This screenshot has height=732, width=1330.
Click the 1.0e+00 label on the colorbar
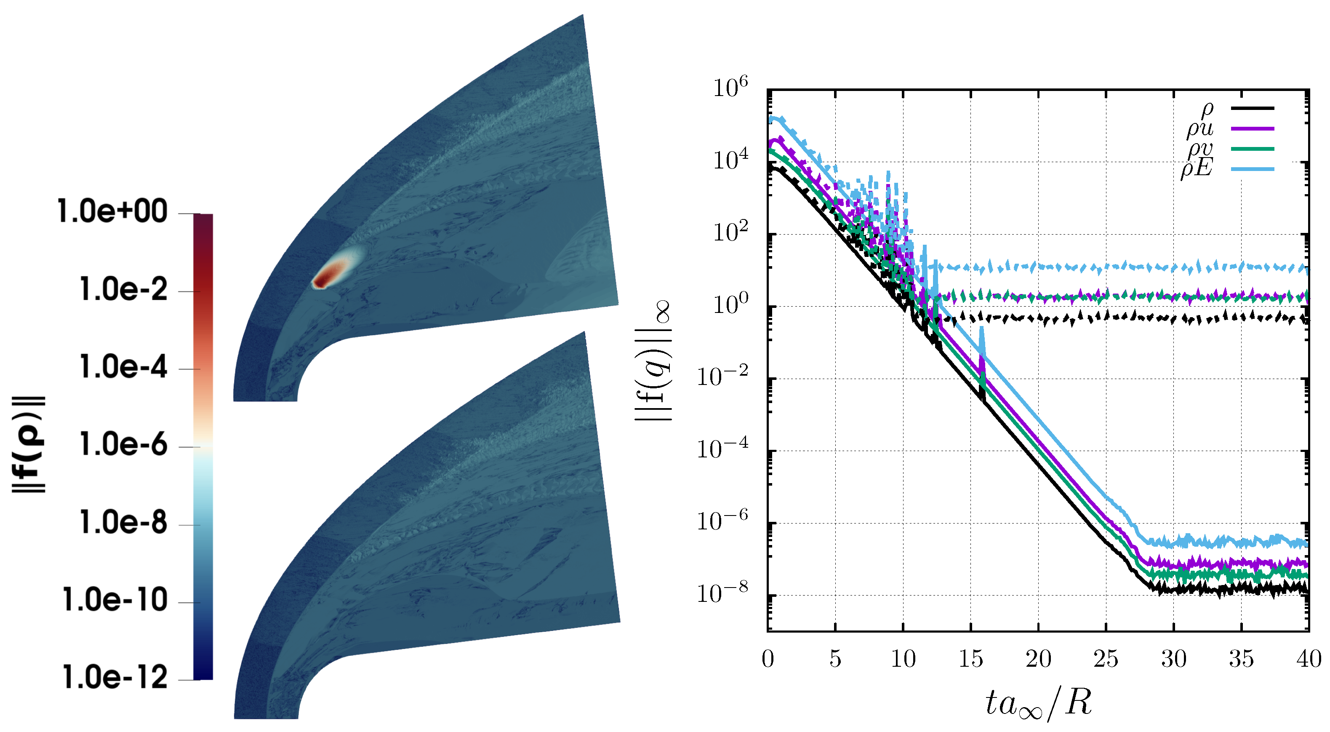coord(112,211)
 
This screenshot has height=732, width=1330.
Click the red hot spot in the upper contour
coord(331,275)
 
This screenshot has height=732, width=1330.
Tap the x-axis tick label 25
coord(1106,659)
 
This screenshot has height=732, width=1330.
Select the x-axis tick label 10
coord(903,659)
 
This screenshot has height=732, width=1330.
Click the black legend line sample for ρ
coord(1253,108)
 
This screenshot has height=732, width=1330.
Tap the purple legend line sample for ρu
coord(1253,128)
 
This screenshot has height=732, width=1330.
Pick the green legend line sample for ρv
coord(1253,149)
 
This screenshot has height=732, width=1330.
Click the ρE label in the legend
coord(1197,168)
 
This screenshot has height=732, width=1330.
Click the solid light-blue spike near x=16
coord(982,341)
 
